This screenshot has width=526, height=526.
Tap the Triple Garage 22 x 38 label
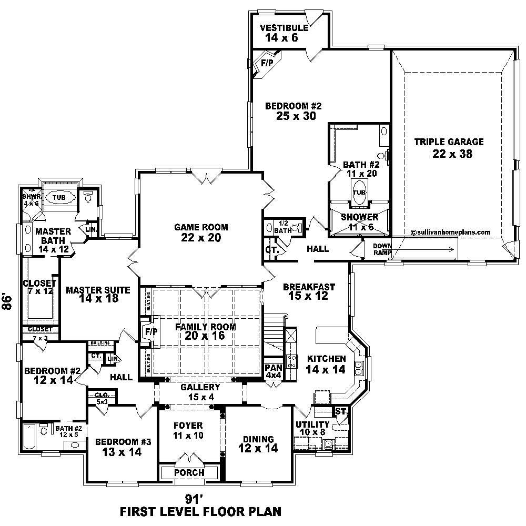[x=449, y=148]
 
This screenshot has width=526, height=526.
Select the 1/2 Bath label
[x=283, y=227]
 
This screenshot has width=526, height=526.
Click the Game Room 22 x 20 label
[x=201, y=232]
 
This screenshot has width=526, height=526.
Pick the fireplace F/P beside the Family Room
[x=147, y=332]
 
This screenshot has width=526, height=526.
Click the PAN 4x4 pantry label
[x=273, y=371]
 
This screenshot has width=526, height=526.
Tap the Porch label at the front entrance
[x=189, y=472]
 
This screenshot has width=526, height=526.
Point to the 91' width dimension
[x=195, y=498]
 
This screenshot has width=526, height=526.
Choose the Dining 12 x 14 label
[x=258, y=443]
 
